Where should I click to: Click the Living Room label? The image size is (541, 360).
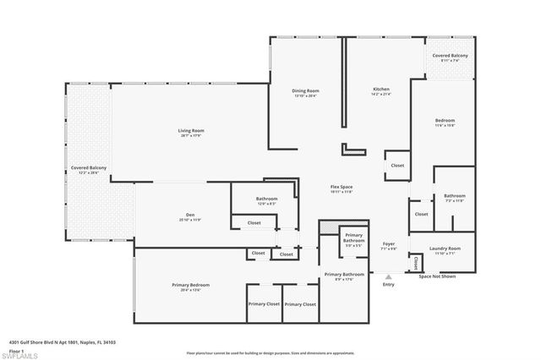click(x=191, y=130)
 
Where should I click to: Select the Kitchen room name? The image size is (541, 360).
click(x=381, y=90)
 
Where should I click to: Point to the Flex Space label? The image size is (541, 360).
click(x=342, y=187)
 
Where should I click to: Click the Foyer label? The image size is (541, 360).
click(x=389, y=244)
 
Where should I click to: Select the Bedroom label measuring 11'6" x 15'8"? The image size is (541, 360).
click(x=445, y=121)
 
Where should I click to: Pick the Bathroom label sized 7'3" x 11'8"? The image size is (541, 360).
click(x=455, y=196)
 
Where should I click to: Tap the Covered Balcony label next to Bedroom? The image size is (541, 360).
click(x=450, y=55)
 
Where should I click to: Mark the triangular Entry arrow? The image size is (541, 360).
click(x=388, y=276)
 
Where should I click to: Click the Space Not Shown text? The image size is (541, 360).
click(x=437, y=276)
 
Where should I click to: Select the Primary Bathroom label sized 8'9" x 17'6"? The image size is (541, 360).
click(x=344, y=275)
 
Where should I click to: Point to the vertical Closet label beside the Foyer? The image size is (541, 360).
click(x=416, y=263)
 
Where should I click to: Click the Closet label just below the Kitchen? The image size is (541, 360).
click(x=397, y=166)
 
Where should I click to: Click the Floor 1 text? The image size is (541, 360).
click(x=16, y=350)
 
